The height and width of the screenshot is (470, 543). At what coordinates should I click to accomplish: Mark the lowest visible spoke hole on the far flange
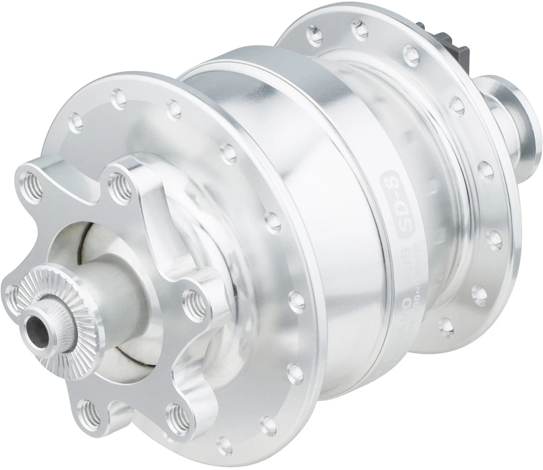[x=446, y=325]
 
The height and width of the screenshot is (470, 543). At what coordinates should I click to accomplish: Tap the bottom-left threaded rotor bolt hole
[x=88, y=408]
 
